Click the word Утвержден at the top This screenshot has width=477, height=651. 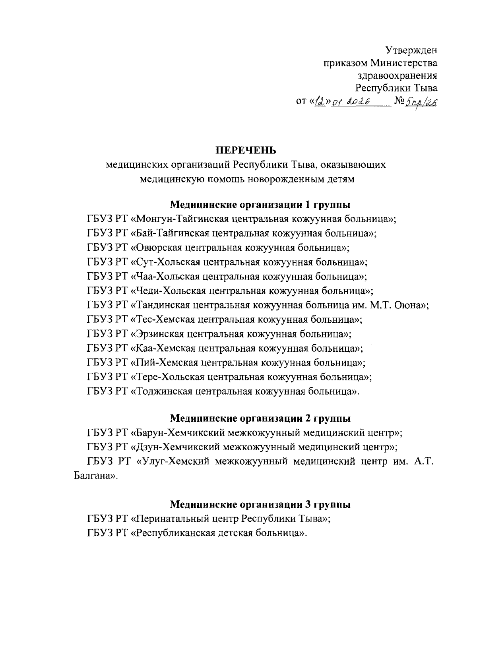pos(411,50)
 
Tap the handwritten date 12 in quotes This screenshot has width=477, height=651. pos(318,102)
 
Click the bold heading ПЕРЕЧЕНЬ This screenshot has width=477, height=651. pos(245,150)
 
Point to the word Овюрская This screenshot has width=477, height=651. pos(158,248)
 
